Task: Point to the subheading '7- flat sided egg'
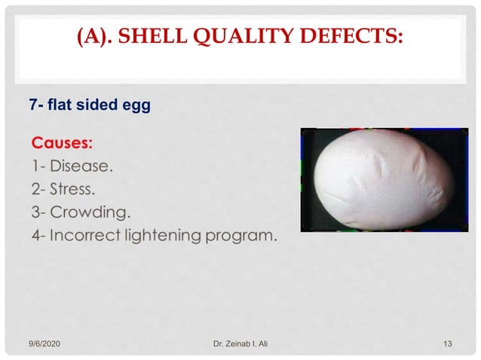click(90, 105)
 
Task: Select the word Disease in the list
click(84, 165)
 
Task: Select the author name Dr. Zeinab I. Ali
click(240, 344)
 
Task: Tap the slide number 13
click(448, 344)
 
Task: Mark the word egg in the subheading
click(138, 106)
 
